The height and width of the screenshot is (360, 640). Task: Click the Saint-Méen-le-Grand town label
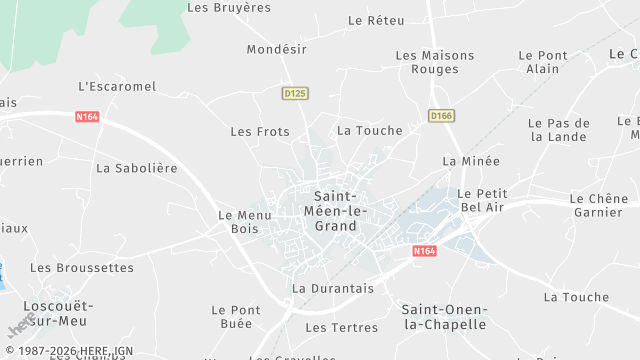(335, 211)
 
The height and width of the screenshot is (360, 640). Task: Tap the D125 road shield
(295, 93)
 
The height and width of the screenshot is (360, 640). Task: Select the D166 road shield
(441, 116)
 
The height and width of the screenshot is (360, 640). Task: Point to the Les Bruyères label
(229, 7)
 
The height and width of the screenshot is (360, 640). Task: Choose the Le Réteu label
(376, 20)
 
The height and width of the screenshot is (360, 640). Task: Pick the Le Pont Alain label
(543, 62)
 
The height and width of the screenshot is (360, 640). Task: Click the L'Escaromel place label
(117, 86)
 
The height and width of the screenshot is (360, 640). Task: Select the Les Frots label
(260, 131)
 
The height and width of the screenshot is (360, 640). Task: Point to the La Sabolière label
(136, 168)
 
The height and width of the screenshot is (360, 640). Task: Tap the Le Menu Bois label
(238, 222)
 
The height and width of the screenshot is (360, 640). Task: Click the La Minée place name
(470, 160)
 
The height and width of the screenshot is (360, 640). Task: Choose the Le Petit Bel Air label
(482, 200)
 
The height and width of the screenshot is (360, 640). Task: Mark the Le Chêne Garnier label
(598, 205)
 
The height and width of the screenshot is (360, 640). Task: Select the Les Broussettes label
(81, 268)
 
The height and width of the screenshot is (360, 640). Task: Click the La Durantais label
(332, 288)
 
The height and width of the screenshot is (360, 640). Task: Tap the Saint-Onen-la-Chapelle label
(443, 317)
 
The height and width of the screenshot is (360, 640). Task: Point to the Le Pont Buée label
(236, 317)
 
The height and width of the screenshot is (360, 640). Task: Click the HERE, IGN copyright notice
(67, 352)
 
